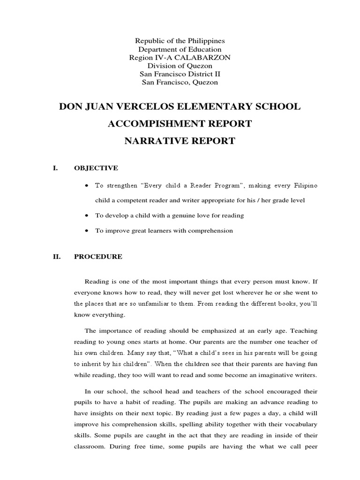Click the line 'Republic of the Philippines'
(180, 41)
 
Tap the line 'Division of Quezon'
(180, 66)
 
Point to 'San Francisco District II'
(180, 74)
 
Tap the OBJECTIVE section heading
(96, 168)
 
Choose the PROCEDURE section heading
(98, 256)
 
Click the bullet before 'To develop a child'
(87, 216)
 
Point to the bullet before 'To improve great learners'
(87, 231)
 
